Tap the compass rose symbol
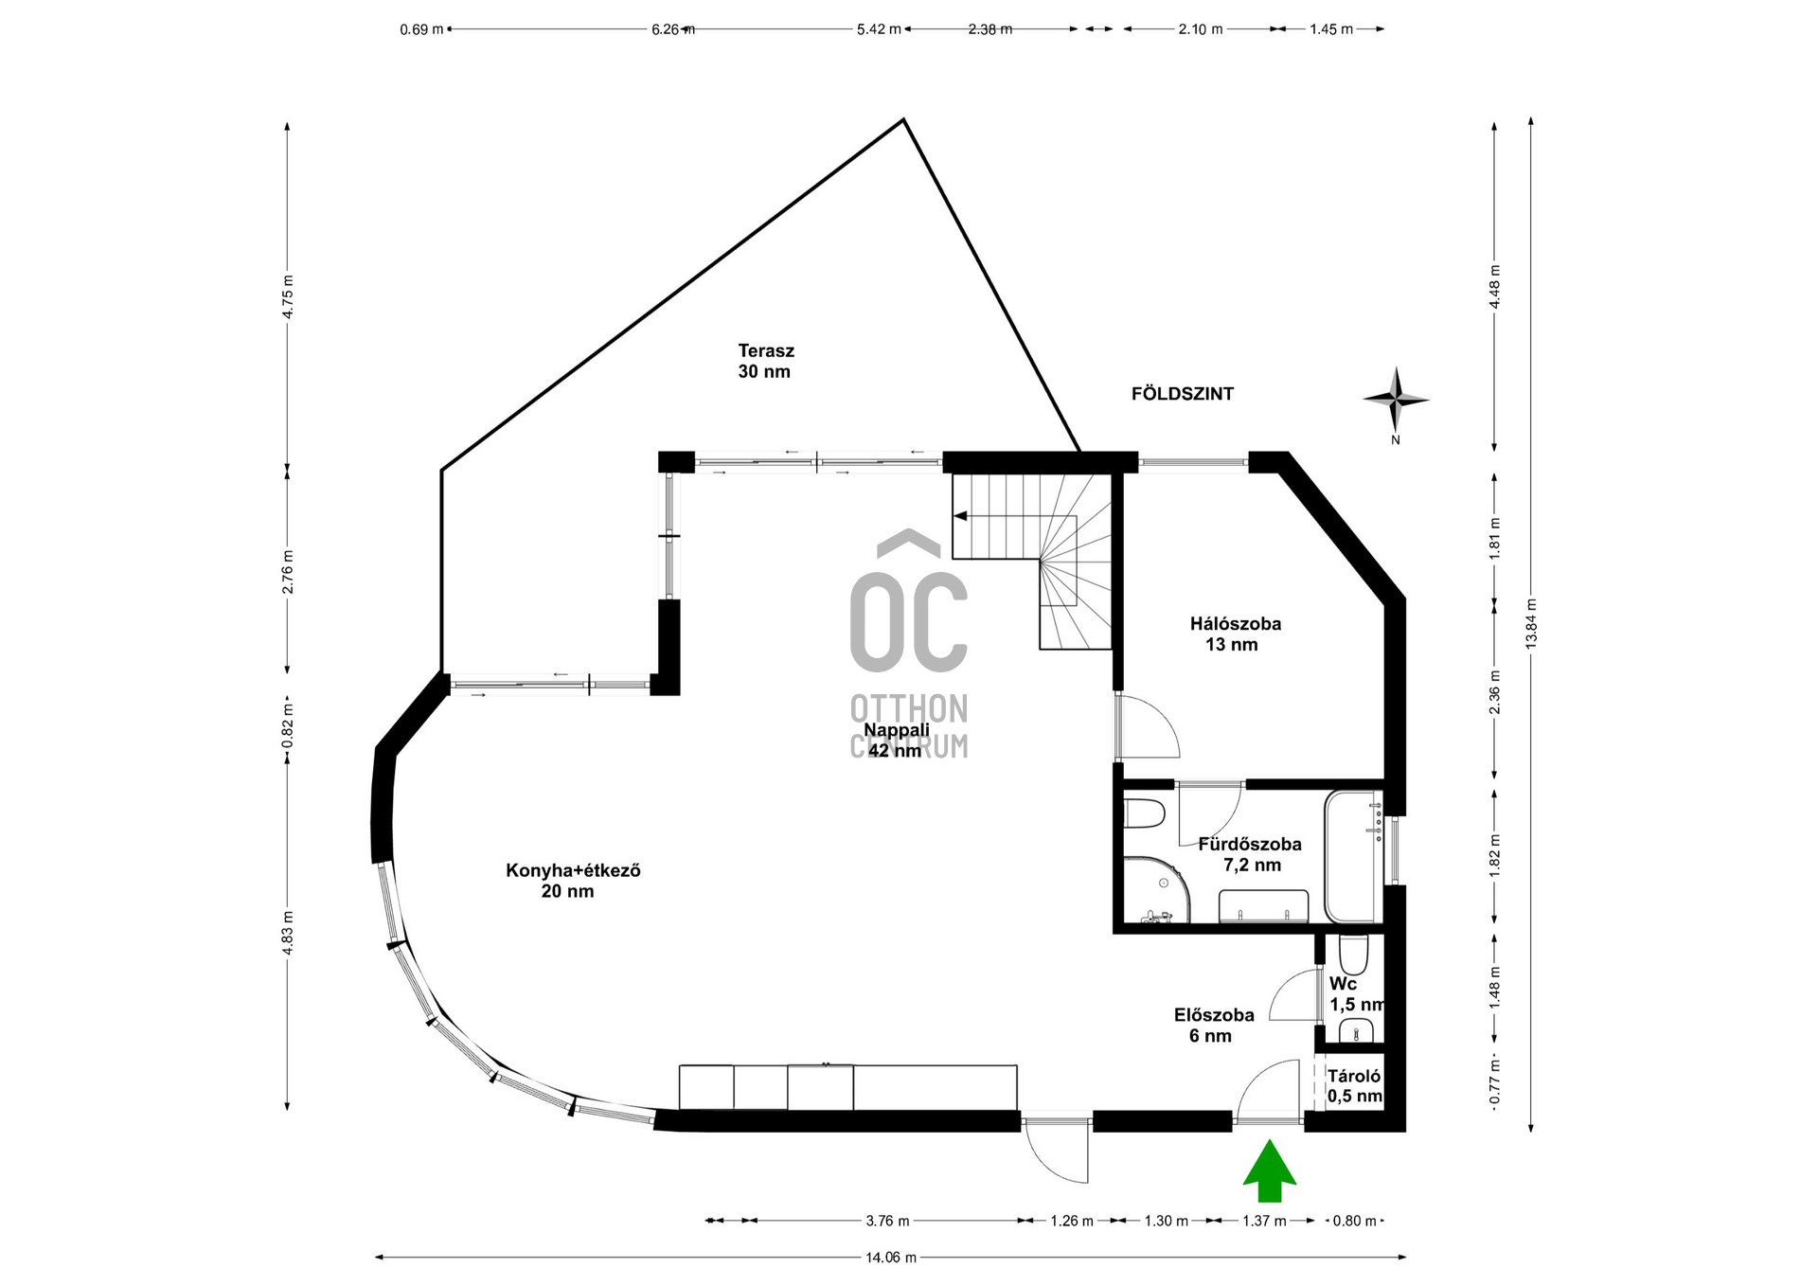1396,401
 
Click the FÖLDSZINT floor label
1183,394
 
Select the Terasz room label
766,350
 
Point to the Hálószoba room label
1236,624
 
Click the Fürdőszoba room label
1250,844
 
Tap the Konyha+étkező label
573,870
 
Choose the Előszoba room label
1214,1015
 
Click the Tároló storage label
1354,1076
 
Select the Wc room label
1343,984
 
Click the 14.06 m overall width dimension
891,1258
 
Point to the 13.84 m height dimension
1531,623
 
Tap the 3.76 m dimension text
887,1221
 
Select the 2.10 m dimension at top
1201,29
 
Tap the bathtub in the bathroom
1354,856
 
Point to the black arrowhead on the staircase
960,516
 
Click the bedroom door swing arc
1164,714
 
